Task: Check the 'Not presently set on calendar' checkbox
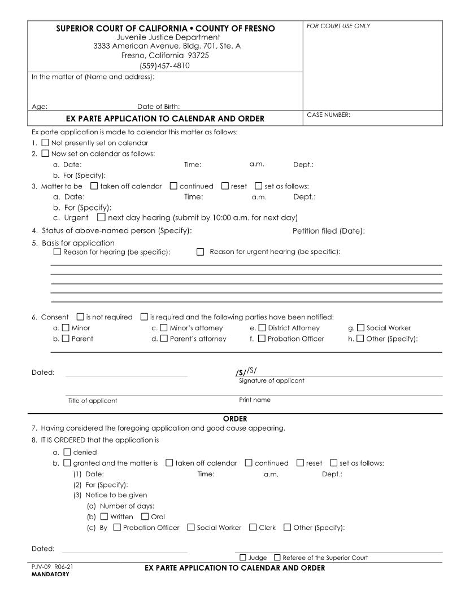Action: click(x=45, y=143)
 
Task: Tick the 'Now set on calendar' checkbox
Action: click(x=45, y=154)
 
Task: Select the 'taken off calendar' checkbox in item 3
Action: click(x=94, y=186)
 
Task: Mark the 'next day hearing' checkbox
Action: click(x=101, y=217)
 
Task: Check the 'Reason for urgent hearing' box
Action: click(x=200, y=252)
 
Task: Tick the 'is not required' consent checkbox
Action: click(x=80, y=317)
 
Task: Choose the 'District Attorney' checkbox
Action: click(x=262, y=327)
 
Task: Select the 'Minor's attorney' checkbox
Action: click(x=164, y=327)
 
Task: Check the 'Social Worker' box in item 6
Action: click(x=360, y=327)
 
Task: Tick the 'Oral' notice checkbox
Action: click(x=145, y=516)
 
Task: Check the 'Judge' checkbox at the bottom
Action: click(x=243, y=558)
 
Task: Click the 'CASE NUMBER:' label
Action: click(x=328, y=115)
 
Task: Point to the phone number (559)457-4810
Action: click(x=164, y=65)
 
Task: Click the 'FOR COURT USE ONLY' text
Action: click(x=338, y=27)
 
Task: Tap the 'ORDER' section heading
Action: click(x=235, y=419)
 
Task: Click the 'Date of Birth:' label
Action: click(x=159, y=106)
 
